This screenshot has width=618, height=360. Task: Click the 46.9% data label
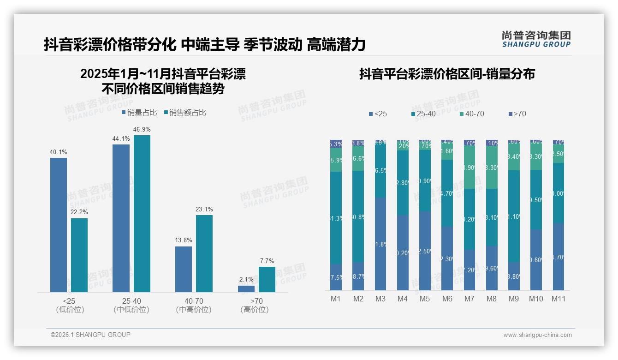point(142,130)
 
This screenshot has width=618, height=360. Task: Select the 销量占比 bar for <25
point(59,225)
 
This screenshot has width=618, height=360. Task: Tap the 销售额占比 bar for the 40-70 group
point(204,253)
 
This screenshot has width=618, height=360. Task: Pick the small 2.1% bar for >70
point(246,289)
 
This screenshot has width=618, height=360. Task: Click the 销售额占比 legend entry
point(185,113)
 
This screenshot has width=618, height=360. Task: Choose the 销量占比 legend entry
point(139,113)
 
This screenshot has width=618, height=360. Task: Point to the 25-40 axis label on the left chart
point(131,301)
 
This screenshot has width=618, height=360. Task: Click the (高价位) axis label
point(255,310)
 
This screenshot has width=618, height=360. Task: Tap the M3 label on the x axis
point(380,299)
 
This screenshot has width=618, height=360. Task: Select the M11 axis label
point(559,299)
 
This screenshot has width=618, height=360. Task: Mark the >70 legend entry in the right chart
point(517,114)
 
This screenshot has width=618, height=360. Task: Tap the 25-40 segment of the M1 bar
point(336,217)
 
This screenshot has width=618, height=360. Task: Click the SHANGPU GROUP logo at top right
point(536,39)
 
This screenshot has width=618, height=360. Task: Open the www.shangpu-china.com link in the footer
point(537,335)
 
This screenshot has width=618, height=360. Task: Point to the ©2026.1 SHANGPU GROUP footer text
point(90,335)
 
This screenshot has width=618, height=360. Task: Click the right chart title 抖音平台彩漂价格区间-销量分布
point(447,74)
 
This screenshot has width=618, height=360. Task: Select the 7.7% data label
point(267,261)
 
